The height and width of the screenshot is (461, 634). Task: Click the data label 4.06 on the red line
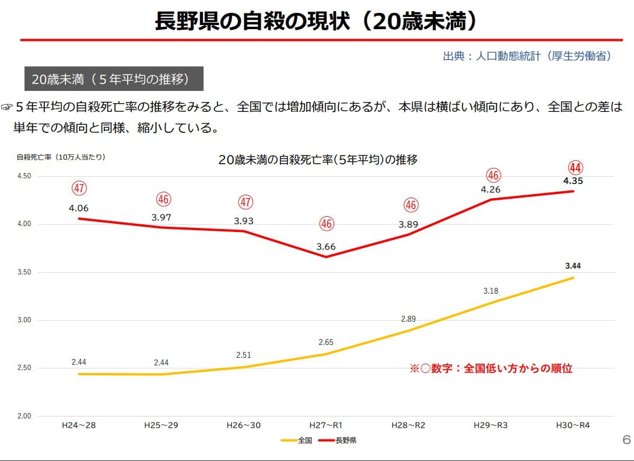pyautogui.click(x=79, y=208)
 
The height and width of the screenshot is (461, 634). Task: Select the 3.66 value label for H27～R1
pyautogui.click(x=326, y=247)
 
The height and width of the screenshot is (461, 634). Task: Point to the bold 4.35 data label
pyautogui.click(x=573, y=181)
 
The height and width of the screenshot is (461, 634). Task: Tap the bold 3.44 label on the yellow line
pyautogui.click(x=573, y=266)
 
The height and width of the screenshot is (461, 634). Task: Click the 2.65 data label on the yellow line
pyautogui.click(x=326, y=343)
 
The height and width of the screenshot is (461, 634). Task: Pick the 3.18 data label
pyautogui.click(x=491, y=290)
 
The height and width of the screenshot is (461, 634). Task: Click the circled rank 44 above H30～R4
pyautogui.click(x=575, y=168)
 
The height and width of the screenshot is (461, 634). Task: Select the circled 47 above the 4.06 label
pyautogui.click(x=79, y=188)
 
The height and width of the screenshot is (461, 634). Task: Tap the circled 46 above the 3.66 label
pyautogui.click(x=327, y=223)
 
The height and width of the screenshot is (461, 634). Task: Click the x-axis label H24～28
pyautogui.click(x=79, y=425)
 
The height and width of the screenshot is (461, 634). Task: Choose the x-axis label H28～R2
pyautogui.click(x=408, y=425)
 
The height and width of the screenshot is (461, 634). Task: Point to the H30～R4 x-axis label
pyautogui.click(x=573, y=425)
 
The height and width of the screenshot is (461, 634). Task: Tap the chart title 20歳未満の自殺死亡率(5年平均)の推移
pyautogui.click(x=318, y=160)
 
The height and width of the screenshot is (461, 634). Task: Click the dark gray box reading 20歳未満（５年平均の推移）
pyautogui.click(x=114, y=79)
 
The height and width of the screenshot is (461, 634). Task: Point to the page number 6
pyautogui.click(x=626, y=439)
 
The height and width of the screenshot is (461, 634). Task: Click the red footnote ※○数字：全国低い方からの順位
pyautogui.click(x=491, y=368)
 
